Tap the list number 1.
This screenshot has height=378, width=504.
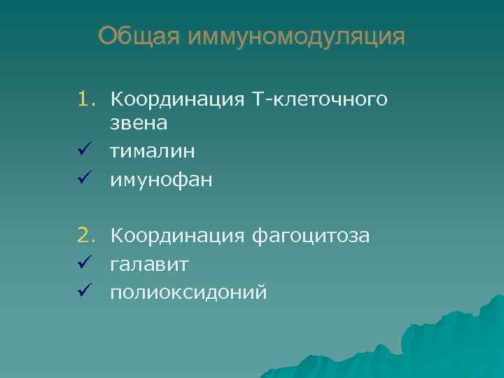(85, 100)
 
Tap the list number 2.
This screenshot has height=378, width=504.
(85, 236)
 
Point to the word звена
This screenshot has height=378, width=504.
(138, 124)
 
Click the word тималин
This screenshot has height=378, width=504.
(153, 151)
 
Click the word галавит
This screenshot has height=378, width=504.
(149, 264)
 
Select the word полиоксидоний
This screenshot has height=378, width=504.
(188, 292)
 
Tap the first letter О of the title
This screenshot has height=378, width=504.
(107, 36)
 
